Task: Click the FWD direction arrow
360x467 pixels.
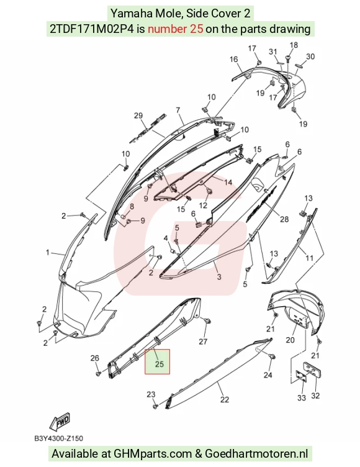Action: click(60, 422)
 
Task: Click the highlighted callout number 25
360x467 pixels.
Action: click(160, 364)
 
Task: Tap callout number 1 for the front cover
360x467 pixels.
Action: click(48, 253)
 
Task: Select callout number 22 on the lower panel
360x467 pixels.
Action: click(224, 399)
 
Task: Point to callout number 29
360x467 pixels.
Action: click(138, 116)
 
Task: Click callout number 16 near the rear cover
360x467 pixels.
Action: click(234, 59)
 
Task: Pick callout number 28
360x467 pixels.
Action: click(284, 219)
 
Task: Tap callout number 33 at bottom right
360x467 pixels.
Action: click(301, 397)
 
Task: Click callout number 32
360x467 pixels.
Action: click(315, 396)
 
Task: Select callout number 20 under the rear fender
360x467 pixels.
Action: click(290, 340)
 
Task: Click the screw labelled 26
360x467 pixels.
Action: click(98, 373)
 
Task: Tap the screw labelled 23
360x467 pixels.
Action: click(155, 406)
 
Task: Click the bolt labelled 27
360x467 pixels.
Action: click(208, 321)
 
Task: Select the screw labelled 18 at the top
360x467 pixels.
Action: click(289, 58)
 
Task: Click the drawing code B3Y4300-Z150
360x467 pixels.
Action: click(59, 438)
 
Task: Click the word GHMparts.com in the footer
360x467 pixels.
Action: click(153, 453)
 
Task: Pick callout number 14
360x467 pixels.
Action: click(228, 182)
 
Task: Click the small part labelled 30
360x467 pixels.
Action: click(298, 65)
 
